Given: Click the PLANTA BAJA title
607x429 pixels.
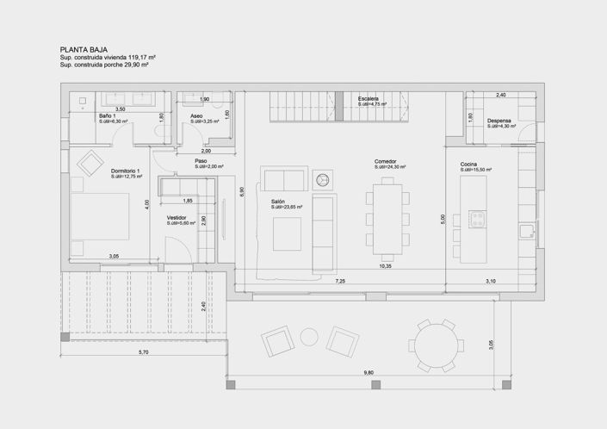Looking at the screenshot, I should tap(83, 51).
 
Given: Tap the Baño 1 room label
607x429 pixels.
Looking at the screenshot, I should tap(108, 115).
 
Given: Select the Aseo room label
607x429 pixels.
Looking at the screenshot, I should tap(197, 115).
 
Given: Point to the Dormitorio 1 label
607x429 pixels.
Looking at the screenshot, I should tap(125, 171).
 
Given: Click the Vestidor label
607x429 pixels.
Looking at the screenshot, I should tap(177, 218).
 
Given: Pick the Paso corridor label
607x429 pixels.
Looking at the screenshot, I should tap(201, 160).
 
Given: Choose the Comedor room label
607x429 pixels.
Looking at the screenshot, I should tap(385, 161).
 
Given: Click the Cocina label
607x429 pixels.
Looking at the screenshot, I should tap(468, 164).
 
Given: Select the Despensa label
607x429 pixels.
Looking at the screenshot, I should tap(499, 121).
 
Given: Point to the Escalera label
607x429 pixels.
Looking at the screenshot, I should tap(369, 99).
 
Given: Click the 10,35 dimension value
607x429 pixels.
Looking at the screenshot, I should tap(385, 267).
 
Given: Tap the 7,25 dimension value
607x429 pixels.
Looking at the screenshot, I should tap(340, 281).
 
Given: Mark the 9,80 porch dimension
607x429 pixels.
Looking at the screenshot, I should tap(369, 372).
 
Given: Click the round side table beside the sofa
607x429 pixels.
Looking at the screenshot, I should tap(323, 179).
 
